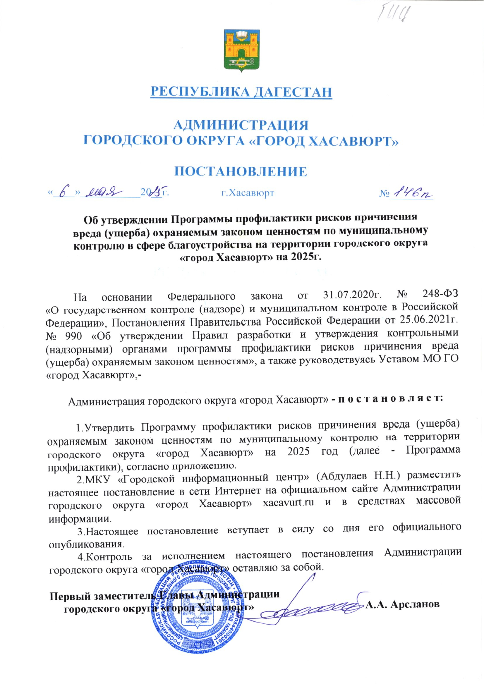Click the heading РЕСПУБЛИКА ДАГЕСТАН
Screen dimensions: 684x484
(241, 92)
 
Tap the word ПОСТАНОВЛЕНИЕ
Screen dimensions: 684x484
(241, 172)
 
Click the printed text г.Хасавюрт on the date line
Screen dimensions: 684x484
(247, 193)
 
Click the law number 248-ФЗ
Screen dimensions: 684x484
(440, 296)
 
